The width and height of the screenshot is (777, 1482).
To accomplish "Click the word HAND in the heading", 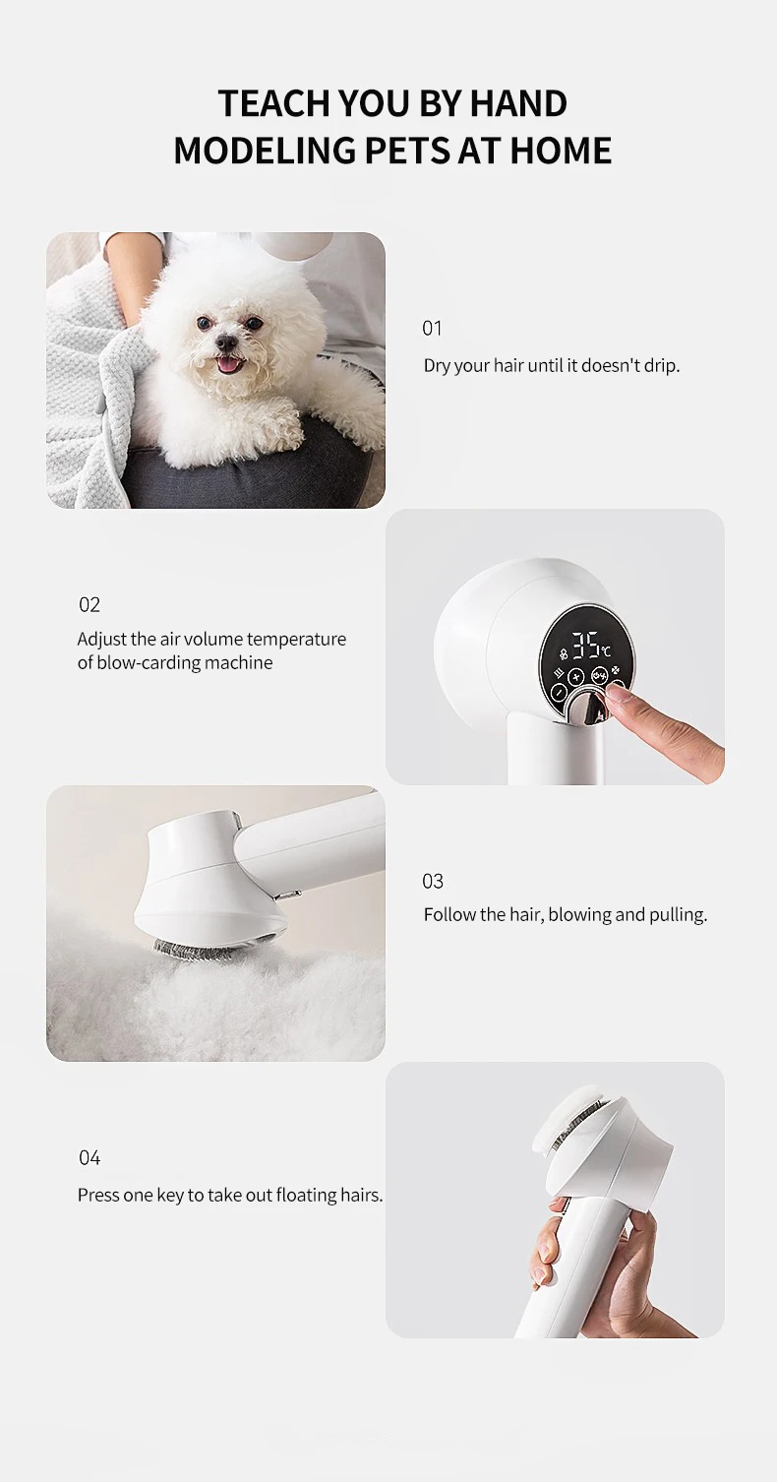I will (519, 103).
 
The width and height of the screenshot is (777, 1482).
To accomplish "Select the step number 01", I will (432, 328).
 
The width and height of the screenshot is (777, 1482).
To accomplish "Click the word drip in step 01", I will (658, 365).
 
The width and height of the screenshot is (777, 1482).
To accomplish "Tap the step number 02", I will (90, 604).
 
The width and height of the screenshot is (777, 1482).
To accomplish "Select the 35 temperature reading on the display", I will (586, 647).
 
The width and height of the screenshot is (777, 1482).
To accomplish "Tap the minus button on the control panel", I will (558, 692).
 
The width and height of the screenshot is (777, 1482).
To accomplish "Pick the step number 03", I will (433, 880).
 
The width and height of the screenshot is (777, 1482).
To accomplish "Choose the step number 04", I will (90, 1157).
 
